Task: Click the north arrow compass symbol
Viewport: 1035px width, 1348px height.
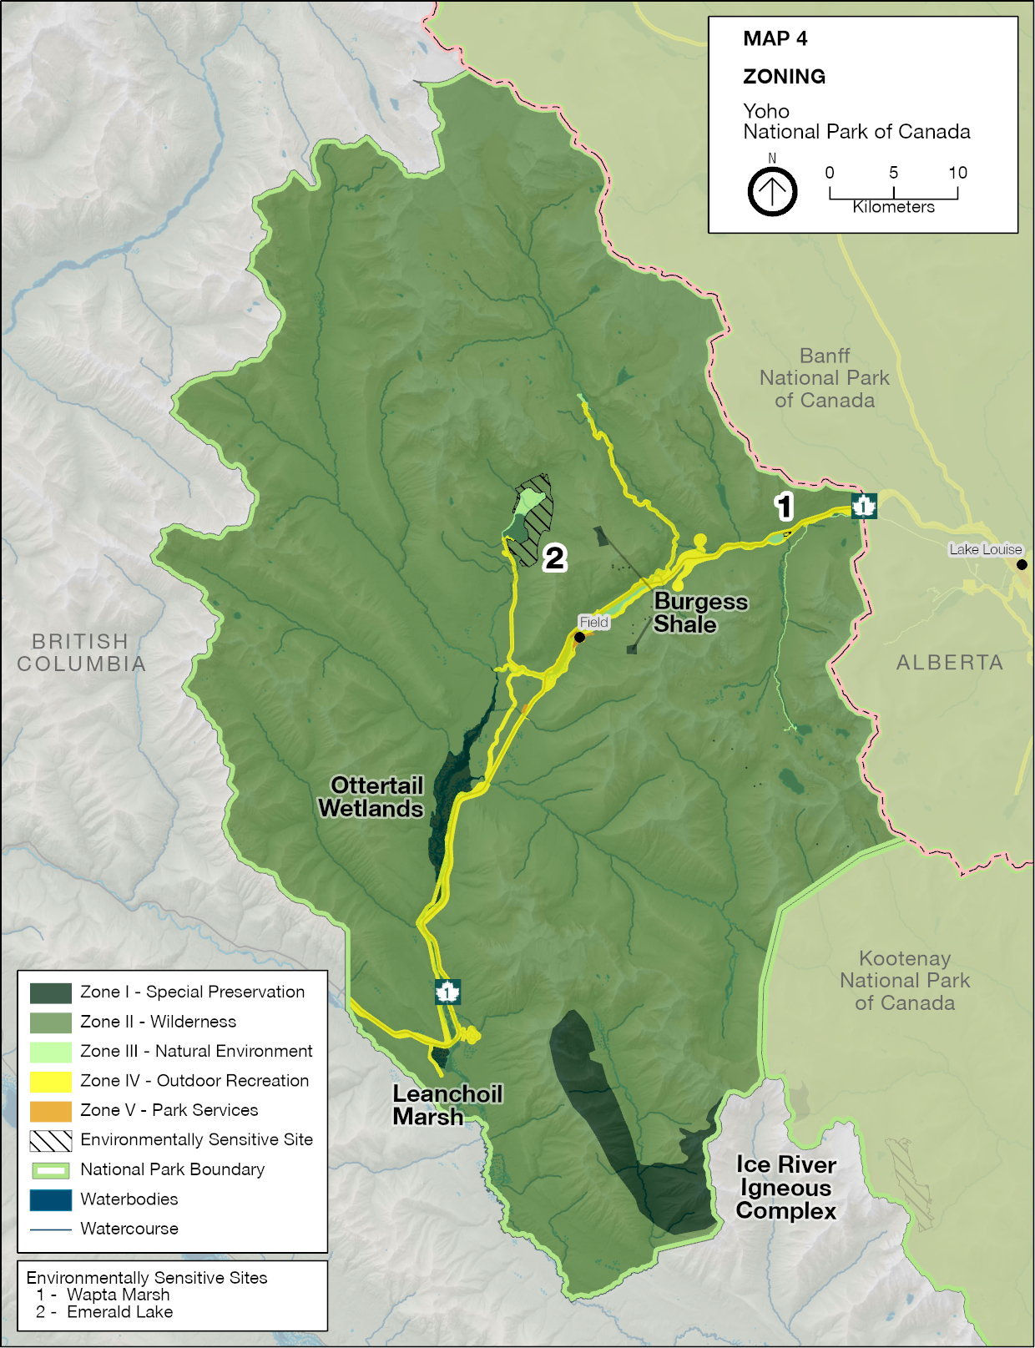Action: [x=772, y=191]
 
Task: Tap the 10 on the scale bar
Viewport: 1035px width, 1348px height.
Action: [x=957, y=173]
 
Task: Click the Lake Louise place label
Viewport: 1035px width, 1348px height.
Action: [x=985, y=549]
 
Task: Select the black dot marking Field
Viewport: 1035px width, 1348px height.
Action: [x=579, y=637]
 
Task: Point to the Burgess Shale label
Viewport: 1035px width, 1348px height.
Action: [x=699, y=613]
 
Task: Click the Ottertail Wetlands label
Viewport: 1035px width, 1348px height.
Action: [x=372, y=797]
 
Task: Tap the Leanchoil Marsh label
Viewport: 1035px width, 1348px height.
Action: [x=447, y=1105]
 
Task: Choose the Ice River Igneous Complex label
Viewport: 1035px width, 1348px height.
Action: [x=785, y=1188]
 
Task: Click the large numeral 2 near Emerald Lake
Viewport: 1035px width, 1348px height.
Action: [x=555, y=558]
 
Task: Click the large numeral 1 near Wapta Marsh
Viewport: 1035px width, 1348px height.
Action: [x=783, y=506]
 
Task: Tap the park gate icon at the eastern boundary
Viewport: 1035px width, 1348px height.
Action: [x=864, y=506]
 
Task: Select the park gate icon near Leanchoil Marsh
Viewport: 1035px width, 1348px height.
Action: [x=448, y=992]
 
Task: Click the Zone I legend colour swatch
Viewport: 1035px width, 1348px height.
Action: [x=50, y=992]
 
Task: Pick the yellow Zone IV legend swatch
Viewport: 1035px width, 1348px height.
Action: [x=50, y=1081]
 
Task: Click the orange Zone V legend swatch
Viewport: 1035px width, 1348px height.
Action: [x=50, y=1111]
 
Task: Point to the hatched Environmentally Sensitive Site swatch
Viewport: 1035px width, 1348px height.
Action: [x=50, y=1140]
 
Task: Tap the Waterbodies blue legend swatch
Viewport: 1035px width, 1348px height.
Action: [x=50, y=1199]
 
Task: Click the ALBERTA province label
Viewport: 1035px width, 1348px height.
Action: [x=949, y=663]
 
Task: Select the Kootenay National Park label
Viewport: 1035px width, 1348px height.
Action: [x=905, y=981]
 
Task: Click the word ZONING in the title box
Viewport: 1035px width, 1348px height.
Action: [x=784, y=77]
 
